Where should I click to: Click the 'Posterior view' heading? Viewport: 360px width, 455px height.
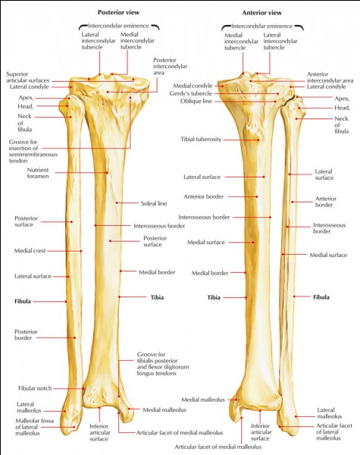click(x=118, y=12)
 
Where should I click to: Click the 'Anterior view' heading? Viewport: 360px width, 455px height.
click(x=262, y=12)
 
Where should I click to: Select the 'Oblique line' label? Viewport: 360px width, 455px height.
click(x=196, y=102)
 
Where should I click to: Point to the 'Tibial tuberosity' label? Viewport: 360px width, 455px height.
click(x=201, y=140)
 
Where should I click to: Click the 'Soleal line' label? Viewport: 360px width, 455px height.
click(x=154, y=203)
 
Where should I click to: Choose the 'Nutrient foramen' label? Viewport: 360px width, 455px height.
click(x=38, y=173)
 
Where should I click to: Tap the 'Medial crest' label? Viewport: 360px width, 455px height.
click(x=30, y=251)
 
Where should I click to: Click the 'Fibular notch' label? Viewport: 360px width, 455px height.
click(x=35, y=388)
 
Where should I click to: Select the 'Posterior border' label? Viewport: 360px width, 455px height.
click(x=26, y=334)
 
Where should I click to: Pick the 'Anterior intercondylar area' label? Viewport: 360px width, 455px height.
click(x=330, y=77)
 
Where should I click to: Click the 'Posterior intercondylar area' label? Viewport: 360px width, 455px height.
click(x=170, y=66)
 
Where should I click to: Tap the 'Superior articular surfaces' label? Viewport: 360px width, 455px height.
click(x=28, y=77)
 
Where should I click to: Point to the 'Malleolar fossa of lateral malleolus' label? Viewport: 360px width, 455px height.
click(x=34, y=427)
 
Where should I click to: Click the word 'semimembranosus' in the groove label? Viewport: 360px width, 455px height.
click(x=33, y=155)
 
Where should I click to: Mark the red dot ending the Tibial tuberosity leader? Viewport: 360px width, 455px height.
click(x=258, y=140)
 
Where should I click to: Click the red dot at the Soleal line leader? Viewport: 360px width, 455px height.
click(x=117, y=202)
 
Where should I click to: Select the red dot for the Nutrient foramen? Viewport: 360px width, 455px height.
click(x=107, y=173)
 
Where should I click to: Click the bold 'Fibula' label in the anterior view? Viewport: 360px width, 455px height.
click(x=321, y=297)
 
